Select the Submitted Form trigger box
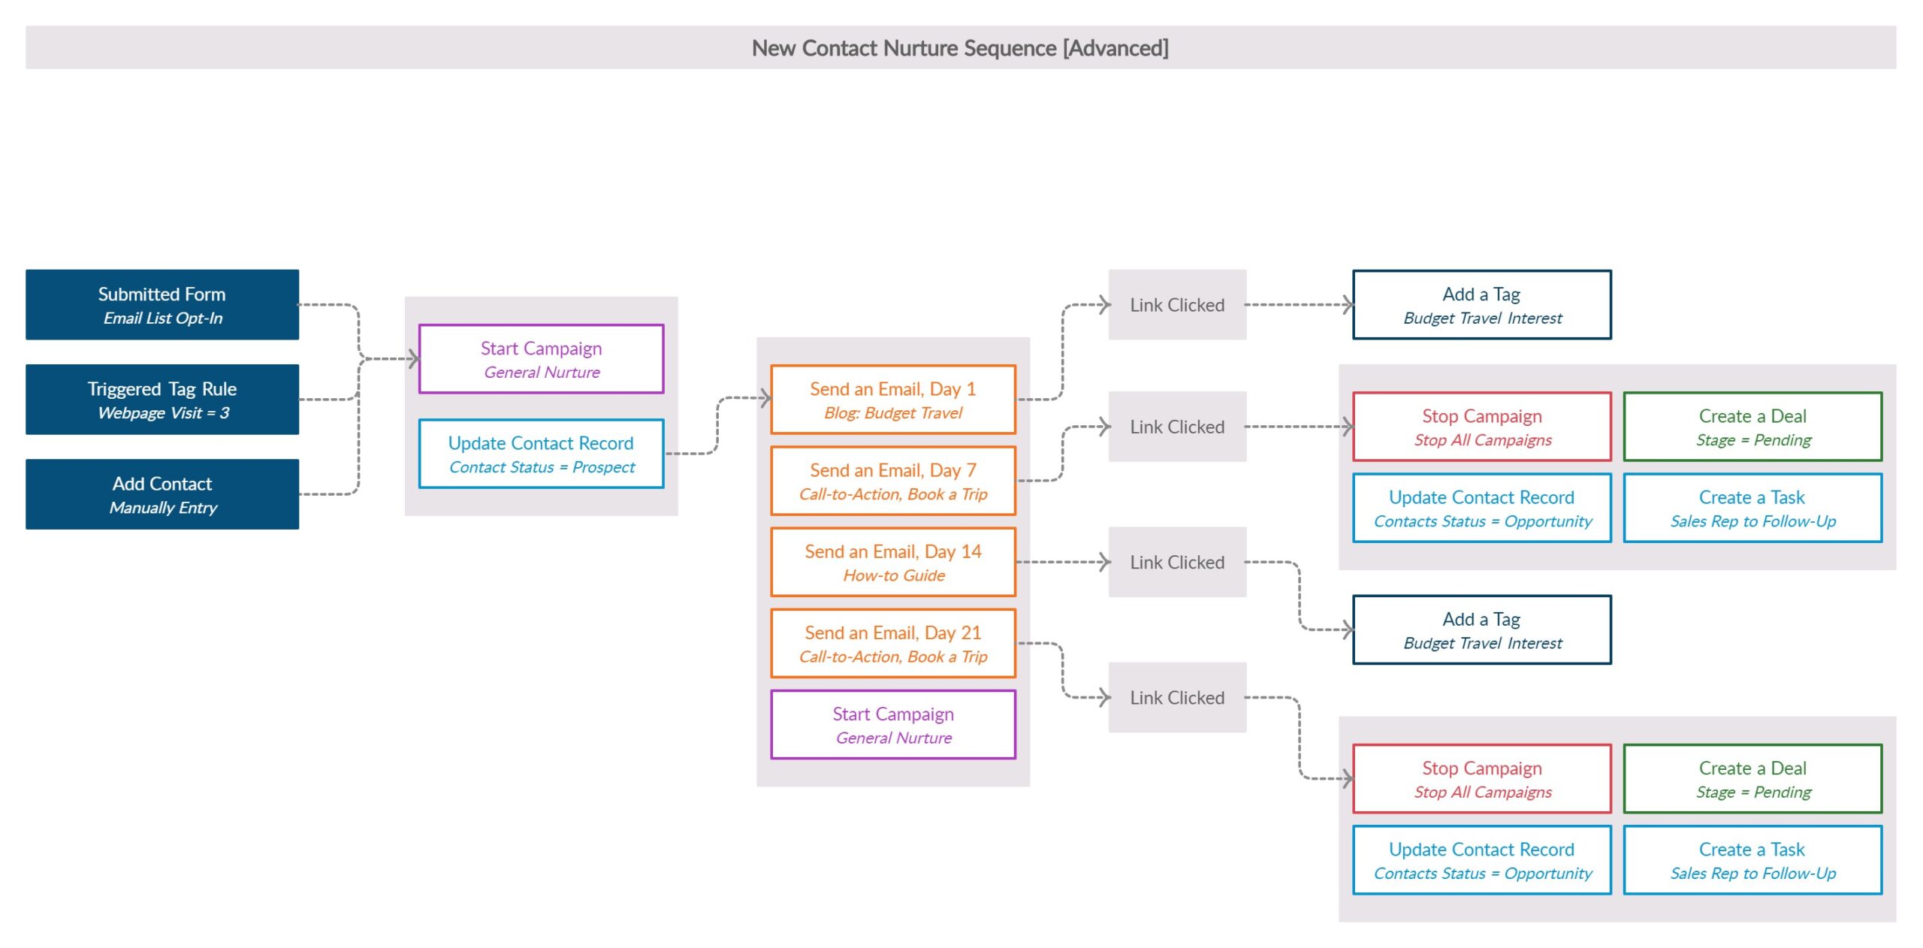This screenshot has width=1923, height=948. (162, 304)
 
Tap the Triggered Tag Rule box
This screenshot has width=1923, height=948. (162, 399)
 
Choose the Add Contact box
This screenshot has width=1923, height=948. (162, 494)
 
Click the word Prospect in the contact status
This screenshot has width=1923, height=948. (603, 467)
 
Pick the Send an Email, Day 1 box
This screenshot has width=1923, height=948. (892, 399)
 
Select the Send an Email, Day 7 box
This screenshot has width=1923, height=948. (892, 481)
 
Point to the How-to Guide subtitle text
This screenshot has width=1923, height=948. (893, 575)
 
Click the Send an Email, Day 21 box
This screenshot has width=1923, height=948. (892, 643)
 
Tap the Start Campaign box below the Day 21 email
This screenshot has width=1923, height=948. (892, 724)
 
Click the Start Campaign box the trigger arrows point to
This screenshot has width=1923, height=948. (541, 358)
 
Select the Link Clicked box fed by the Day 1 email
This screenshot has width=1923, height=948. (1176, 304)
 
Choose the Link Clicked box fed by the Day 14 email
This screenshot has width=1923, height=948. (1176, 562)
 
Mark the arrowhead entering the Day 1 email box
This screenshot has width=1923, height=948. (765, 398)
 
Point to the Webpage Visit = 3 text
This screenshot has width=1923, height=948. (163, 412)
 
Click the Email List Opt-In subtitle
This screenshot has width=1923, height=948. (163, 318)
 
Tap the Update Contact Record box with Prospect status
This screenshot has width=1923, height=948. (541, 453)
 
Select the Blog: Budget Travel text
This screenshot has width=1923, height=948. (892, 412)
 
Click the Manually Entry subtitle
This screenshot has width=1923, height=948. (163, 508)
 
